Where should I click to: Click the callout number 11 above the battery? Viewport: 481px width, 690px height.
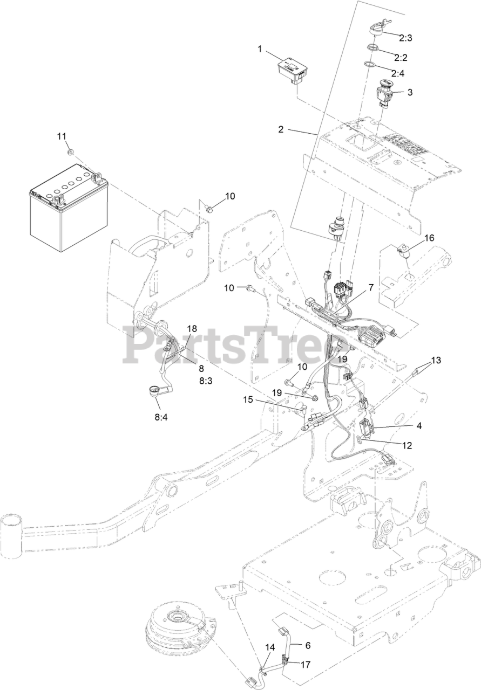[x=62, y=135]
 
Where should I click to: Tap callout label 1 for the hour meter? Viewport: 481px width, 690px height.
[x=260, y=49]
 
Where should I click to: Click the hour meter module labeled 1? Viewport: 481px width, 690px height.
[x=292, y=71]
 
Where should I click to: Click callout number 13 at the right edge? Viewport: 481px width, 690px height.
[x=436, y=360]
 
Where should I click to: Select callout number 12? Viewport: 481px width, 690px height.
[x=406, y=445]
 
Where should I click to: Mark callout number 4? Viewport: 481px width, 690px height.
[x=418, y=425]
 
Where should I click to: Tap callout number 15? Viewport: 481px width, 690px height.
[x=247, y=400]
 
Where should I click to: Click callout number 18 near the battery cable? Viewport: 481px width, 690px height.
[x=192, y=328]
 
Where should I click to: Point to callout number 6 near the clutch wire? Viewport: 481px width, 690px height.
[x=308, y=645]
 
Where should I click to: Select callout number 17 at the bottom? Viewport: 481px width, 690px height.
[x=305, y=664]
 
